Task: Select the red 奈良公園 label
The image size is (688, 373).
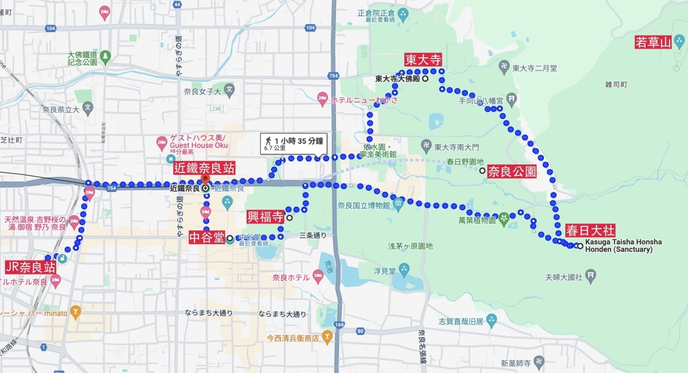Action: click(x=511, y=171)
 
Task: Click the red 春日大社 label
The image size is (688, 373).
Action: click(x=590, y=231)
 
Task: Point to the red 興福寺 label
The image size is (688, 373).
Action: click(x=265, y=217)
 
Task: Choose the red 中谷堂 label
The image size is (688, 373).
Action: click(x=206, y=237)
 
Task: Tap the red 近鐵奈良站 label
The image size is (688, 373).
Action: click(x=205, y=168)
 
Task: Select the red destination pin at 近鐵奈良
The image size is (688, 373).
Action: click(x=205, y=179)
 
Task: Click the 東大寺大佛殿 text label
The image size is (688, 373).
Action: click(x=398, y=79)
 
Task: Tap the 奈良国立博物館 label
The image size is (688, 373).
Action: click(x=363, y=205)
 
